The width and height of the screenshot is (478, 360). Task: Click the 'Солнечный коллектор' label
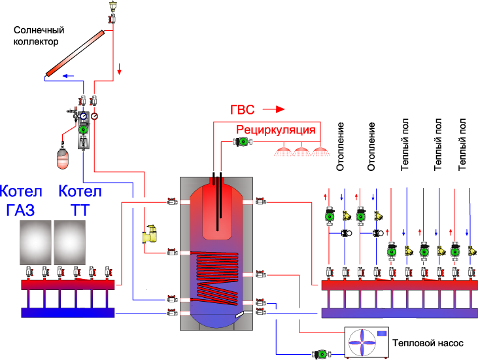click(39, 36)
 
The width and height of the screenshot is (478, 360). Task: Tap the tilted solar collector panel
click(75, 53)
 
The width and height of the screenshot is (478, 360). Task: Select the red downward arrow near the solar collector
click(120, 69)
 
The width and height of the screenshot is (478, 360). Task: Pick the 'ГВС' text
click(242, 109)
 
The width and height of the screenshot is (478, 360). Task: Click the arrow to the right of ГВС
click(274, 109)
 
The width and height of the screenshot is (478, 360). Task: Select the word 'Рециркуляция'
click(275, 130)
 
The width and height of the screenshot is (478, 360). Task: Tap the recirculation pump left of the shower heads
click(243, 141)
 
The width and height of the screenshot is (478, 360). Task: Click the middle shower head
click(301, 152)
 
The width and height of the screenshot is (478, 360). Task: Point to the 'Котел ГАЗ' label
click(21, 200)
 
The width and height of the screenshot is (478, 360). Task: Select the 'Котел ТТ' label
click(80, 200)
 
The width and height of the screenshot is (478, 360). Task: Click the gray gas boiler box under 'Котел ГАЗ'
click(35, 243)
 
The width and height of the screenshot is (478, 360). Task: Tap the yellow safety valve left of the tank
click(149, 234)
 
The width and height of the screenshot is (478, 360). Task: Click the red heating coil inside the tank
click(215, 277)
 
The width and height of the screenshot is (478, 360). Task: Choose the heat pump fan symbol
click(362, 342)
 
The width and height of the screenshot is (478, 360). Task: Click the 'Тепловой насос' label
click(428, 343)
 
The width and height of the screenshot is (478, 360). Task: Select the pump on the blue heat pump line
click(321, 354)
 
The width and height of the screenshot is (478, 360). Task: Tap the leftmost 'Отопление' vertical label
click(340, 147)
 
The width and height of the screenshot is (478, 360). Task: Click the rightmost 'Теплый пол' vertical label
click(462, 144)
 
